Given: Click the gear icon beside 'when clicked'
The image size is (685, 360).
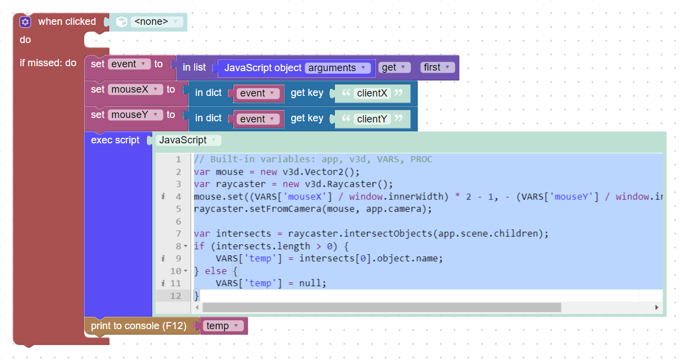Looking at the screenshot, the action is (x=25, y=22).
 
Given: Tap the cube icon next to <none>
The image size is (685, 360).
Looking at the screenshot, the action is (x=121, y=22).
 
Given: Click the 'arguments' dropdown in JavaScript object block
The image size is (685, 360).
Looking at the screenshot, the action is (x=338, y=68).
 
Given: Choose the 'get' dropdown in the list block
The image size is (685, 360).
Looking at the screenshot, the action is (x=394, y=67).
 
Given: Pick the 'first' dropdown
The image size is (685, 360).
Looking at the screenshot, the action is (x=437, y=67).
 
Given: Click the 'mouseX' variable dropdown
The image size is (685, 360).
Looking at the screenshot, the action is (x=135, y=89).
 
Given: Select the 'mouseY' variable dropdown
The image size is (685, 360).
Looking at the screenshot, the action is (x=135, y=115).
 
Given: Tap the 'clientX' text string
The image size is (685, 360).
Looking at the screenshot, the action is (x=372, y=93).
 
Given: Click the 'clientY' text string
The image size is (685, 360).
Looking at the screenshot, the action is (x=372, y=119).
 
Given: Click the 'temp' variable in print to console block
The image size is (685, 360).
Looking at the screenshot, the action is (x=223, y=326).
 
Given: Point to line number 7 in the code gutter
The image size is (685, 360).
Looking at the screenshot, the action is (x=178, y=234).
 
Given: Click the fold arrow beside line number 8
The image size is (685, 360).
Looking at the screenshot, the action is (x=186, y=246).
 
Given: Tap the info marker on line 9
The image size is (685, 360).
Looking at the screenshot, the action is (x=163, y=259).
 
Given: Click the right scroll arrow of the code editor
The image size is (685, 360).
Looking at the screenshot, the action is (x=656, y=308).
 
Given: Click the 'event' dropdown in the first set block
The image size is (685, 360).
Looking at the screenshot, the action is (x=129, y=64).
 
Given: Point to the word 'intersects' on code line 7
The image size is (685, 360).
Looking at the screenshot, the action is (x=243, y=234).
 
